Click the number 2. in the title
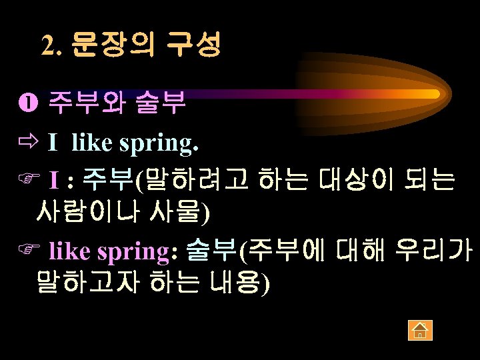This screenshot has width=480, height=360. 53,45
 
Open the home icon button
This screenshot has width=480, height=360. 420,329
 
